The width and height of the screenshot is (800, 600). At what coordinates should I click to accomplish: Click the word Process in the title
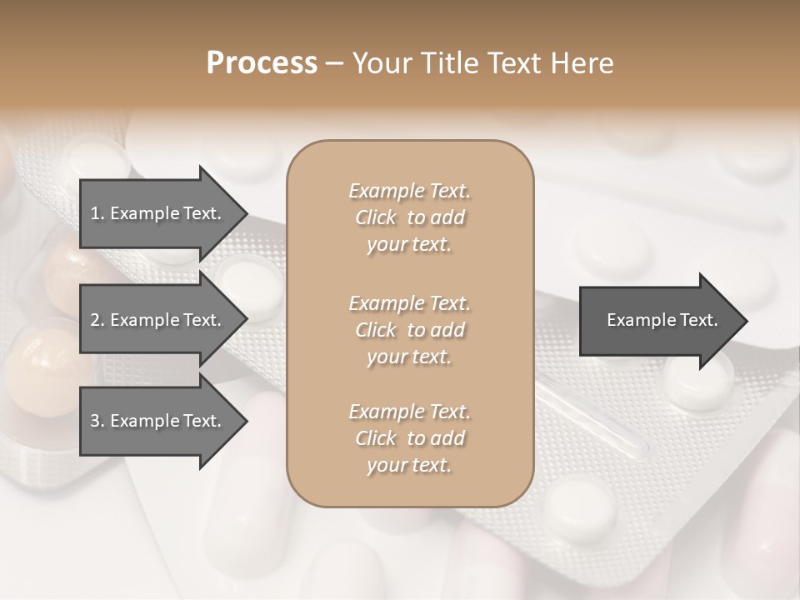coord(262,63)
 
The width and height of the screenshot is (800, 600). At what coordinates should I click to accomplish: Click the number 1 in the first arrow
coord(94,213)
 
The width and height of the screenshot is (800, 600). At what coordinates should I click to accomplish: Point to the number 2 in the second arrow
coord(94,320)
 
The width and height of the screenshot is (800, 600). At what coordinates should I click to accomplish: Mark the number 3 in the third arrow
coord(94,421)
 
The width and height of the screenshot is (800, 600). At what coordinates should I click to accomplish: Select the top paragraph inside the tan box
coord(410,217)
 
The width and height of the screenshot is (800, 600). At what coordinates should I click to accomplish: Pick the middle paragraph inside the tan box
coord(410,329)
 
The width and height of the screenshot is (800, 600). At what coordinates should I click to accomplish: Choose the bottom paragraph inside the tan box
coord(410,438)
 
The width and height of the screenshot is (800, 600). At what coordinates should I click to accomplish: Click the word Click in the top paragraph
coord(376,217)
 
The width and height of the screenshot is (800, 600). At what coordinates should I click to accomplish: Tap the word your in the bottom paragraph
coord(384,466)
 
